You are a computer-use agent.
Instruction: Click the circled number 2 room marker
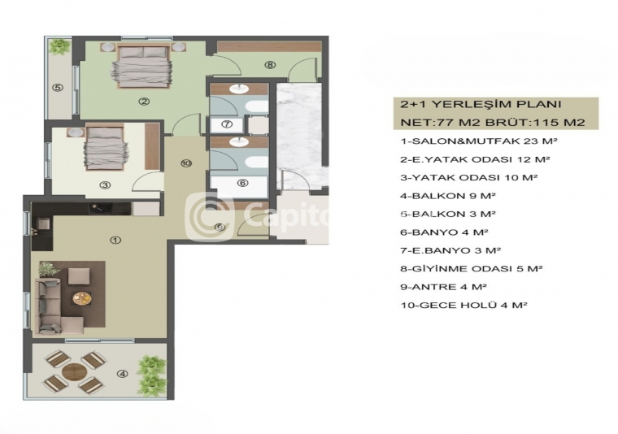pyautogui.click(x=144, y=102)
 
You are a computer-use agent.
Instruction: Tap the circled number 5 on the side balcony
pyautogui.click(x=58, y=88)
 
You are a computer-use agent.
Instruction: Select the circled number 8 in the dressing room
pyautogui.click(x=270, y=65)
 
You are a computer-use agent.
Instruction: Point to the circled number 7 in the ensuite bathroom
pyautogui.click(x=227, y=124)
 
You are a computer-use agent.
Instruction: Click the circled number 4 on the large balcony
pyautogui.click(x=123, y=374)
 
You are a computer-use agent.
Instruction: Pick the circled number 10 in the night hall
pyautogui.click(x=186, y=163)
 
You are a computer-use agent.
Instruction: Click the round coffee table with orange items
pyautogui.click(x=81, y=298)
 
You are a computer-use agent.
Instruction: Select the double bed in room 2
pyautogui.click(x=142, y=66)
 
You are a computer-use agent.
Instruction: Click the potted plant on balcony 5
pyautogui.click(x=60, y=46)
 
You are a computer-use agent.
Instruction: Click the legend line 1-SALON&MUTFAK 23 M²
pyautogui.click(x=479, y=141)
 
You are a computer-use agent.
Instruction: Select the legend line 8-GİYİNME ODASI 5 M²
pyautogui.click(x=472, y=268)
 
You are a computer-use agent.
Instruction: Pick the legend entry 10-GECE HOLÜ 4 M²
pyautogui.click(x=463, y=305)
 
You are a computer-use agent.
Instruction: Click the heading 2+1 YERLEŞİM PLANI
pyautogui.click(x=481, y=104)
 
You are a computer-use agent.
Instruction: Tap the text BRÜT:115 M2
pyautogui.click(x=535, y=122)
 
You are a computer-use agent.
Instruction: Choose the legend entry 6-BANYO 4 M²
pyautogui.click(x=444, y=232)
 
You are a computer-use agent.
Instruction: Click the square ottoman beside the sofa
pyautogui.click(x=79, y=276)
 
